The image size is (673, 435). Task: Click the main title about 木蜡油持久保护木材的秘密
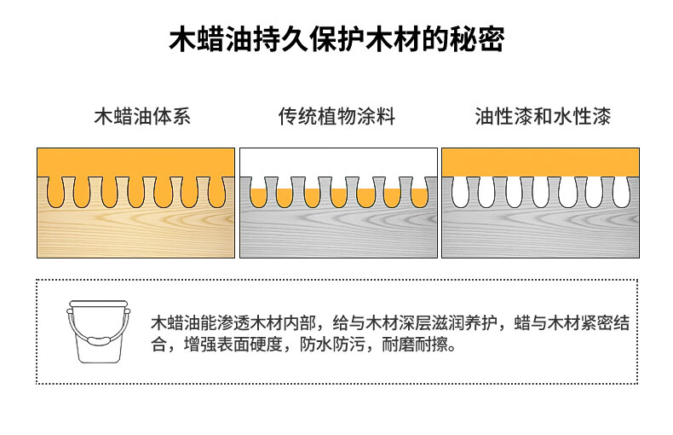coord(336,40)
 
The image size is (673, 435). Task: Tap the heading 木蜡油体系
coord(141,117)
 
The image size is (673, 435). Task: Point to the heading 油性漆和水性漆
coord(543,117)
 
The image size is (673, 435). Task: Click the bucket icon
coord(99,331)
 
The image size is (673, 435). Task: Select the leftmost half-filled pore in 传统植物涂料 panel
coord(260,196)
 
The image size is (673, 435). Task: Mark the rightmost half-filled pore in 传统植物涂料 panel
coord(419,196)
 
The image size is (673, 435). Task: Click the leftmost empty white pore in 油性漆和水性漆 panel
coord(461,193)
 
